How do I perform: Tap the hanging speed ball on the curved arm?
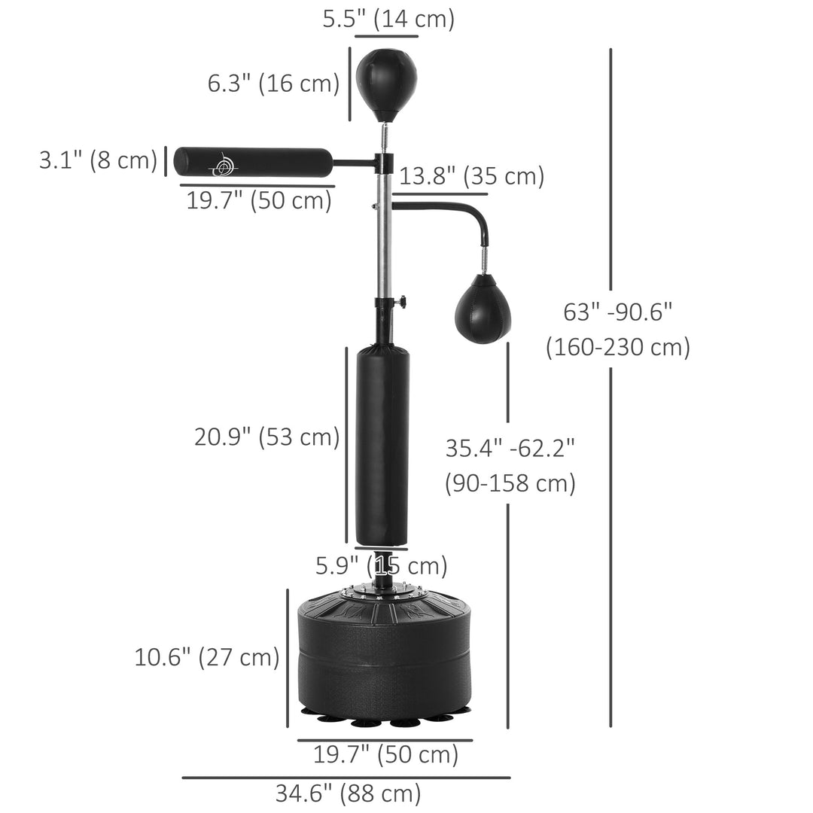point(483,309)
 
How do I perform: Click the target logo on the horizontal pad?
point(224,163)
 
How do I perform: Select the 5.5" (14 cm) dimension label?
point(388,19)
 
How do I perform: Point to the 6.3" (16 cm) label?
point(274,84)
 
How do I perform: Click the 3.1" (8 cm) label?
point(98,160)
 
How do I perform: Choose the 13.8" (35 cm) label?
point(471,177)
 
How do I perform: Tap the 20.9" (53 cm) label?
point(266,437)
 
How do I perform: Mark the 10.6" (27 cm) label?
point(207,657)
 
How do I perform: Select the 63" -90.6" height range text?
point(617,312)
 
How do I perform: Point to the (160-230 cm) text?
point(617,347)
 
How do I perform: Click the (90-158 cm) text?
point(510,483)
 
